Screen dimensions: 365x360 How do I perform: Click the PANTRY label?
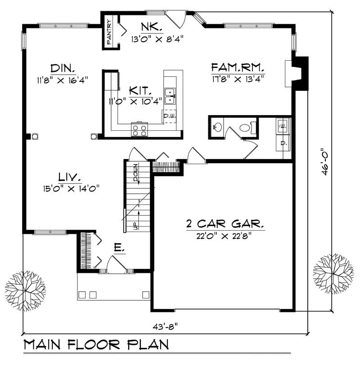tap(109, 31)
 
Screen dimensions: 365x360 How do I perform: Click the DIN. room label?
tap(63, 69)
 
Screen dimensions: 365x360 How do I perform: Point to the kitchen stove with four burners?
tap(139, 130)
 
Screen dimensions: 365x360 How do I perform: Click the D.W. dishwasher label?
tap(169, 116)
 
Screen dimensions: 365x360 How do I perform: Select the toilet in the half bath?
tap(245, 128)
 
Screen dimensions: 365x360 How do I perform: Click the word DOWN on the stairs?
tap(135, 173)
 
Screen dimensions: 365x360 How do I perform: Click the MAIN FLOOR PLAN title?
tap(96, 345)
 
